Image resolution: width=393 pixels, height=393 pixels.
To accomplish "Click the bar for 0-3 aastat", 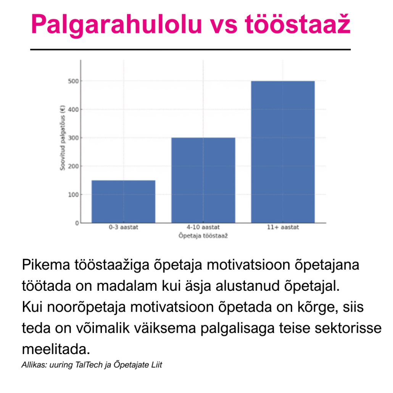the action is click(x=123, y=201).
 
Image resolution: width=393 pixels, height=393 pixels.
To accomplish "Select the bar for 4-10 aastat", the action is click(x=203, y=180).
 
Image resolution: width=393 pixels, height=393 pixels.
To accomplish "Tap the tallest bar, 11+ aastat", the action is click(x=283, y=152).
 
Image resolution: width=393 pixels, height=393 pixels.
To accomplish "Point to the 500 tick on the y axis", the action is click(x=73, y=81).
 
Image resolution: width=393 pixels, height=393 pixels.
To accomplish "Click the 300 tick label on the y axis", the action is click(x=73, y=138).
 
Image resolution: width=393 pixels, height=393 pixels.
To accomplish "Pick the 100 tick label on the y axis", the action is click(x=73, y=195).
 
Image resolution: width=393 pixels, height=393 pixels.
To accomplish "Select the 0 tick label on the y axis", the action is click(x=77, y=223).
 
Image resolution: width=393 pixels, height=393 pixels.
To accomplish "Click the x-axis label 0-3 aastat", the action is click(x=123, y=227).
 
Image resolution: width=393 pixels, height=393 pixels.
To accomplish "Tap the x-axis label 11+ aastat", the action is click(x=283, y=227).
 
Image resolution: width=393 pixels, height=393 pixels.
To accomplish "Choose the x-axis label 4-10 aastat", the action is click(x=203, y=227).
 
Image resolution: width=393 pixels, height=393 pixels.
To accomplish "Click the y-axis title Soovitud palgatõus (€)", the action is click(x=63, y=138).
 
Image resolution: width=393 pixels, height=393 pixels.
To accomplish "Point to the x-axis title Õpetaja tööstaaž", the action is click(x=203, y=235).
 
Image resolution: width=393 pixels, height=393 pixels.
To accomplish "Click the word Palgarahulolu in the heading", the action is click(x=116, y=24).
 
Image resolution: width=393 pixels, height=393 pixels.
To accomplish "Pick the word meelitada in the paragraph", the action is click(x=56, y=349).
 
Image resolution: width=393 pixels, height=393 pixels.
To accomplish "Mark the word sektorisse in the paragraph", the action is click(x=348, y=328).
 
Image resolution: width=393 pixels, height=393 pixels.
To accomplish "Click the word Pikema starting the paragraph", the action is click(x=46, y=265).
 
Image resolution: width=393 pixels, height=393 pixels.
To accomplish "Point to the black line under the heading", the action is click(x=190, y=50).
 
